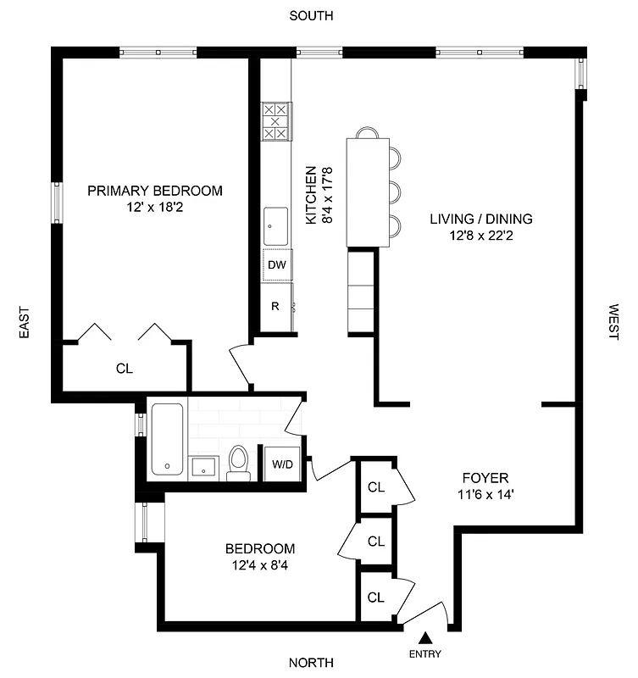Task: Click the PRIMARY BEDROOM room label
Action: (x=155, y=191)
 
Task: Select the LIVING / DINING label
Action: (x=480, y=219)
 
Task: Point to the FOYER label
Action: (x=485, y=476)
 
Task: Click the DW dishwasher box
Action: (x=276, y=264)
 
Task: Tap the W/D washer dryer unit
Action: (x=281, y=464)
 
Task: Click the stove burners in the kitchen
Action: (x=275, y=121)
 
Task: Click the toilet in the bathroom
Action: (x=238, y=463)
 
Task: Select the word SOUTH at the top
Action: (x=311, y=15)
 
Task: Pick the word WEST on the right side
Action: (x=613, y=322)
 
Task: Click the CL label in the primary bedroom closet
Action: (x=125, y=369)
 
